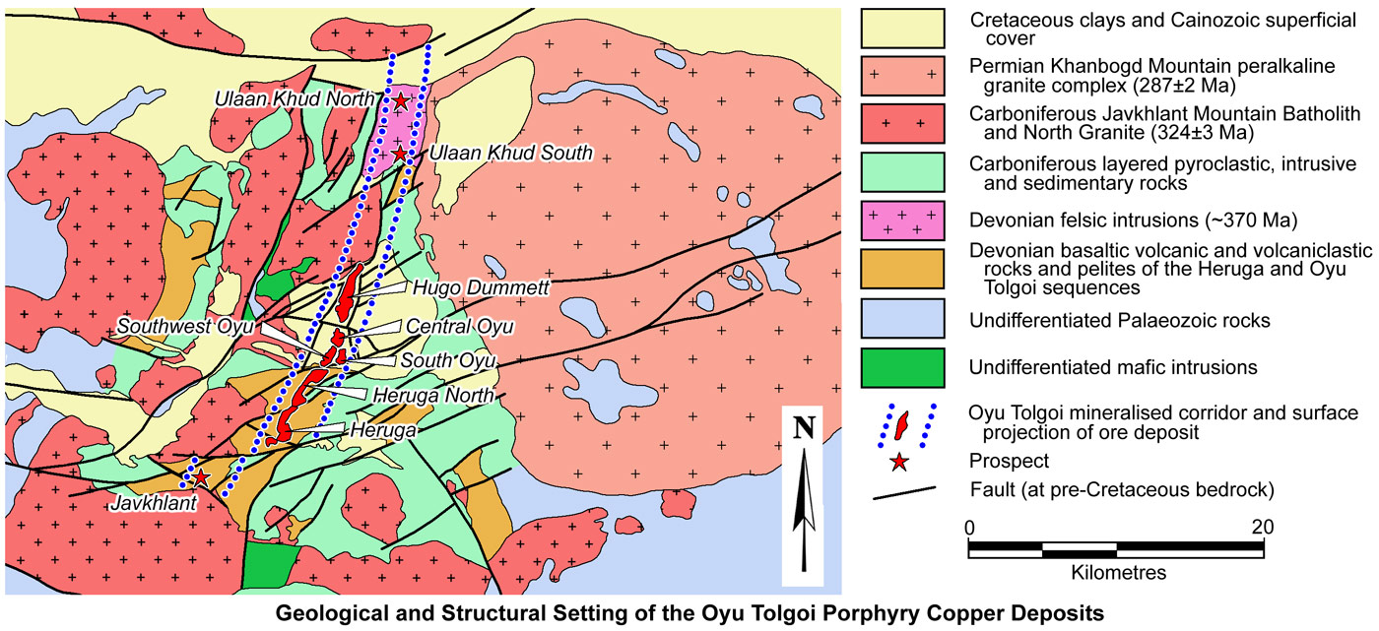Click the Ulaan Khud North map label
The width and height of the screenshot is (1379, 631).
pos(297,98)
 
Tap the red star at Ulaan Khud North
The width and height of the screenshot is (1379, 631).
pos(401,100)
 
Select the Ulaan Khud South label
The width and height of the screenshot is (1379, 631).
pos(510,153)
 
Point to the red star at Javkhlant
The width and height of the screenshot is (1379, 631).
pos(200,478)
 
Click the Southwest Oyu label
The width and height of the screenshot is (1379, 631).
pos(185,326)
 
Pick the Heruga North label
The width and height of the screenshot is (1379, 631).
pos(429,395)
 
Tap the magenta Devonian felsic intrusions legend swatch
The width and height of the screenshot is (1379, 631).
pos(902,220)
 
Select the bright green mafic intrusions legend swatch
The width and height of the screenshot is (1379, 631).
pos(902,367)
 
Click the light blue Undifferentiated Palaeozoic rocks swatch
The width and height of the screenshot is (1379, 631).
pos(902,320)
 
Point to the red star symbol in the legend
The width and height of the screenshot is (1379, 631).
pos(898,461)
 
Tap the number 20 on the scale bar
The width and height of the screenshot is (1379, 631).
pos(1262,527)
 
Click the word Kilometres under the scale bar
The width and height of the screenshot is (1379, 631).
pos(1117,571)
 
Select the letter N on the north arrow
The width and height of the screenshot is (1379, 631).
pos(806,427)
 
